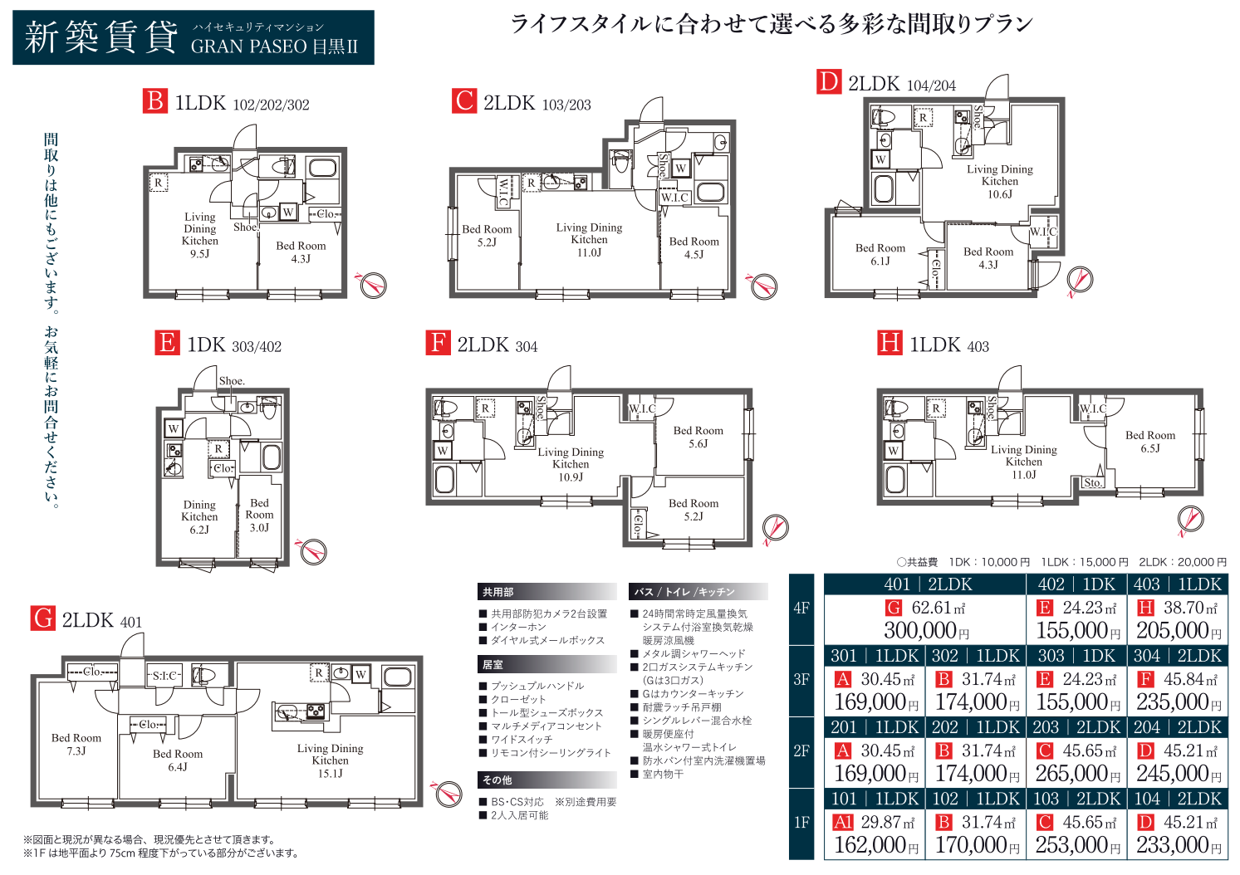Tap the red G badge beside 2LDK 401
coord(42,618)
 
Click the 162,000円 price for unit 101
coord(875,844)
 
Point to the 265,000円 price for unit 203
coord(1077,773)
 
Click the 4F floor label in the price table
coord(801,609)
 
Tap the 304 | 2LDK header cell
coord(1178,656)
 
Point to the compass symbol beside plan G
coord(447,793)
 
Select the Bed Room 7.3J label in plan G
coord(76,744)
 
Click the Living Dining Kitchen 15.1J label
coord(330,760)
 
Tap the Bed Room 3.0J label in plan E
coord(259,515)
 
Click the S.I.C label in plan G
coord(164,675)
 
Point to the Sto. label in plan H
coord(1092,482)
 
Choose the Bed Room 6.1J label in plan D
coord(880,254)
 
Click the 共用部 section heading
coord(497,592)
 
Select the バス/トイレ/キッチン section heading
coord(684,592)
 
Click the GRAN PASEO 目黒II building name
coord(275,46)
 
